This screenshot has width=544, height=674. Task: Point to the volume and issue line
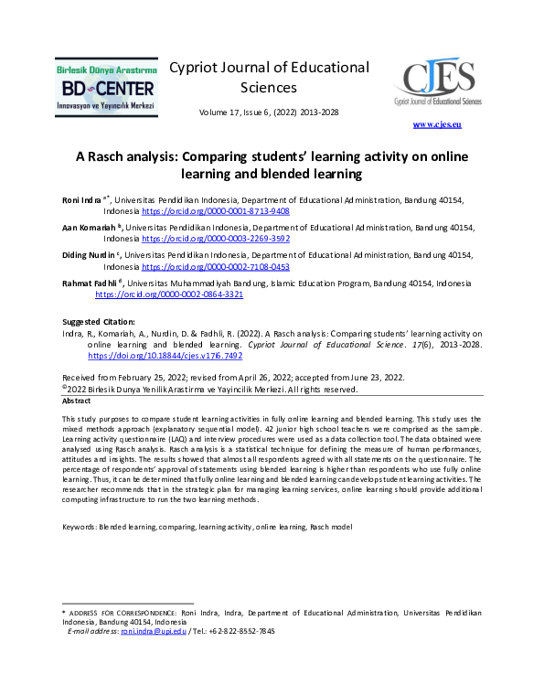pos(269,112)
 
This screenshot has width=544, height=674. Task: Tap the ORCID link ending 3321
pos(169,295)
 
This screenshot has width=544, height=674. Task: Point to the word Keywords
pos(79,528)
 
